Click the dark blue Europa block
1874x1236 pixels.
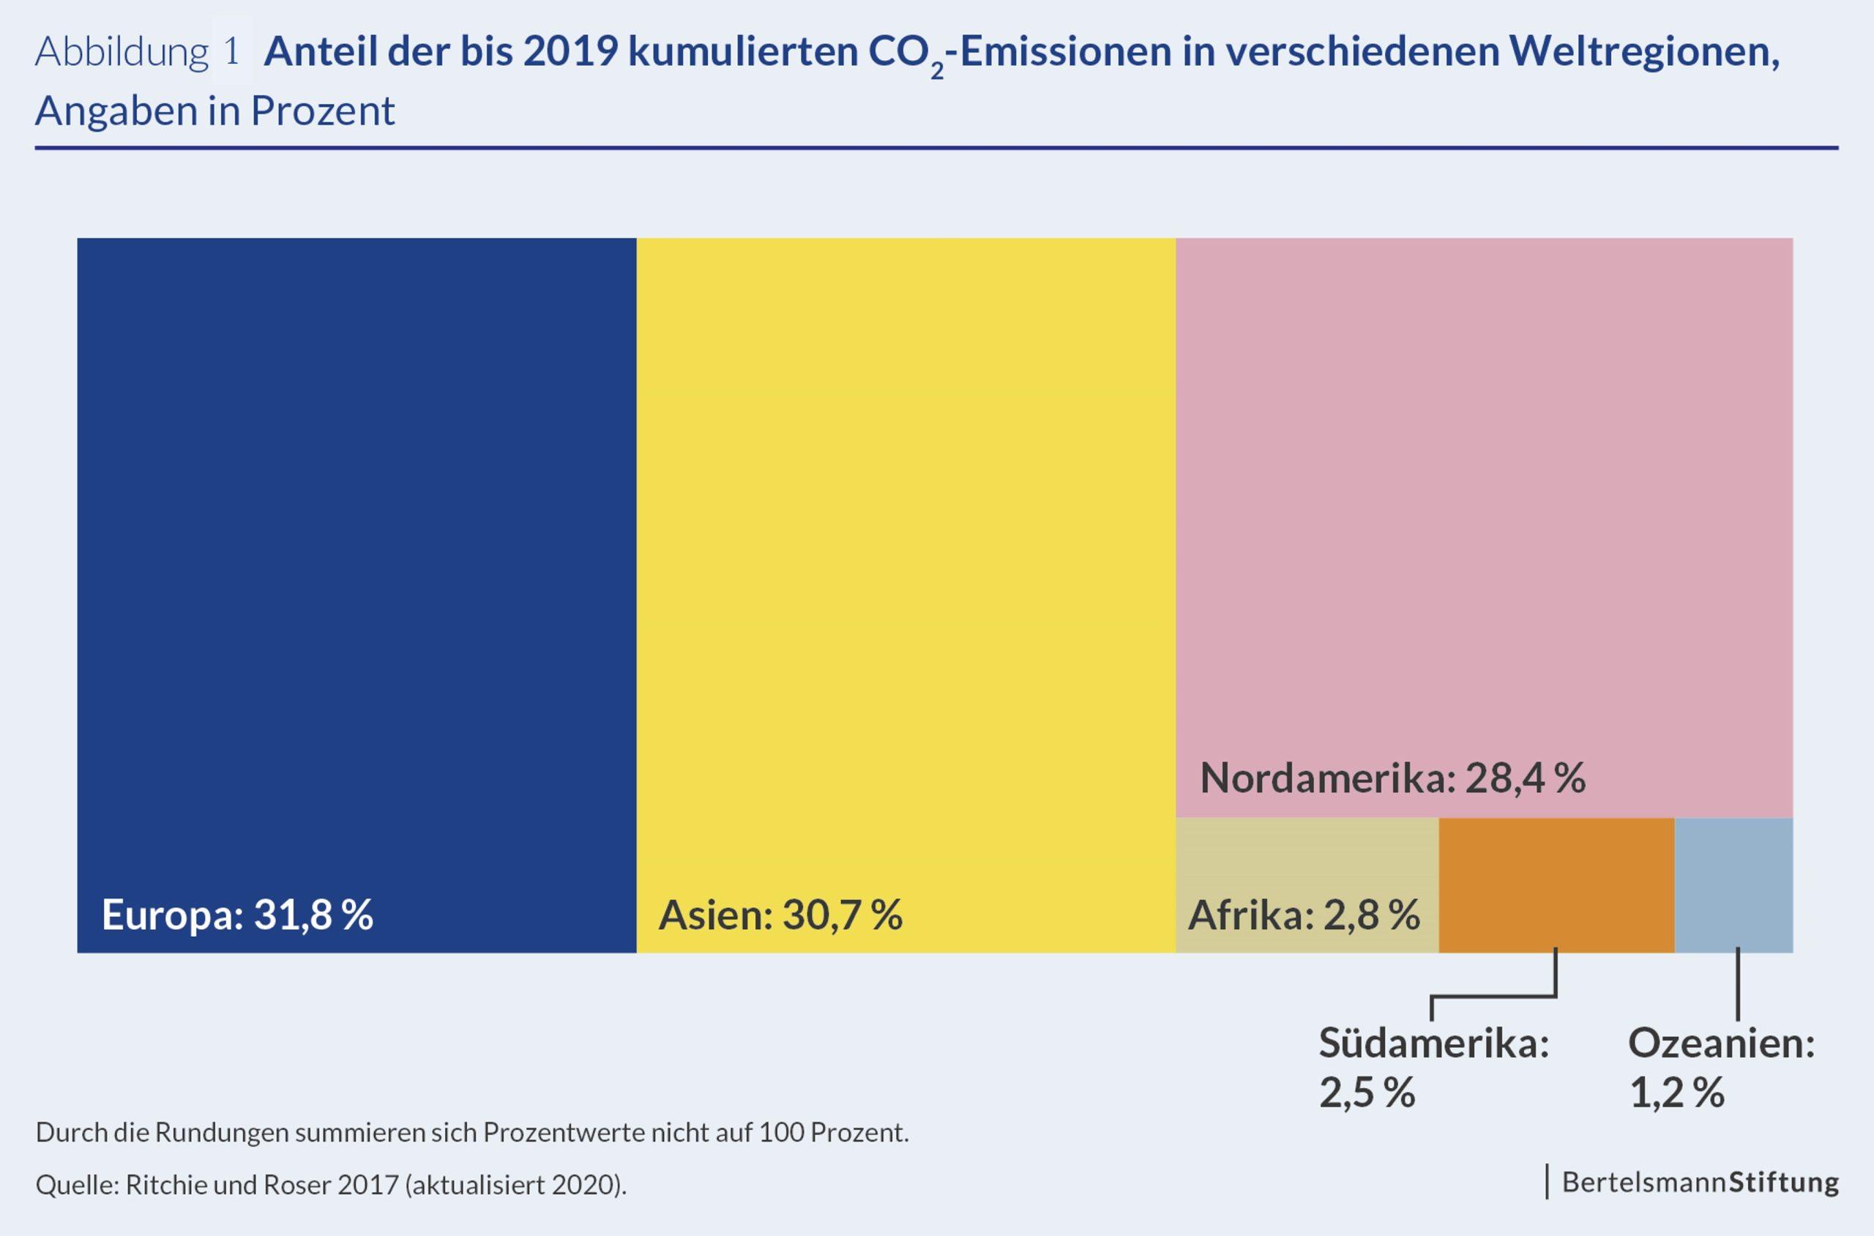[356, 552]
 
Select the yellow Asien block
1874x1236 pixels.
[906, 552]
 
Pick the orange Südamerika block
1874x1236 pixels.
[1556, 885]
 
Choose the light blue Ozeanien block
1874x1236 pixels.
[1733, 885]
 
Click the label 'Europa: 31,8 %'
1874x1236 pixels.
[237, 915]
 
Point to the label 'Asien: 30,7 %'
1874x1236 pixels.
[780, 915]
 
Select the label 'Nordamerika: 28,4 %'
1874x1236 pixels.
[1392, 779]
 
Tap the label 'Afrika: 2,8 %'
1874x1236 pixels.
[1304, 915]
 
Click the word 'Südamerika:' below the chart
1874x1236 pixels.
[1434, 1043]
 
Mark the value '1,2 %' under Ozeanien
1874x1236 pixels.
[1677, 1093]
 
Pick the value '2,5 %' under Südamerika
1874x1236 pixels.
[1367, 1093]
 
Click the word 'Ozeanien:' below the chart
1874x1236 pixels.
[1722, 1043]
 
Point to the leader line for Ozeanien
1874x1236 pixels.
[1738, 986]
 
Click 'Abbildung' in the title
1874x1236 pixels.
[122, 53]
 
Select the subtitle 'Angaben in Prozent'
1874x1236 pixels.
[215, 111]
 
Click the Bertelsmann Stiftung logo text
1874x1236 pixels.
[1700, 1183]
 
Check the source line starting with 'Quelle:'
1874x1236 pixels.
[331, 1185]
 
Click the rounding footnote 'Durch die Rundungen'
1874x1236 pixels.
[472, 1133]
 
